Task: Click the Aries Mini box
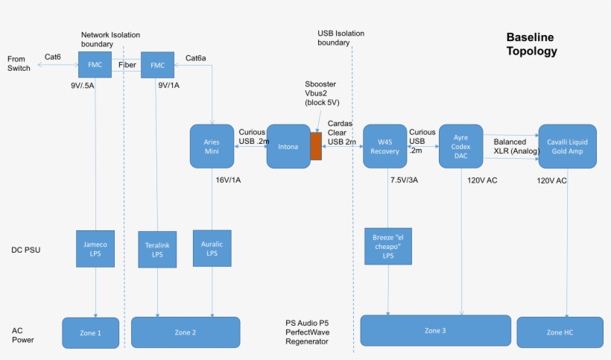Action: pyautogui.click(x=212, y=146)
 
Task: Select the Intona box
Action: pyautogui.click(x=288, y=147)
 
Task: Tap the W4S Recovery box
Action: pyautogui.click(x=384, y=146)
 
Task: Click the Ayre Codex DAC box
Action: pyautogui.click(x=460, y=146)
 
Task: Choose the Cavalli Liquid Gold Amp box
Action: pyautogui.click(x=567, y=146)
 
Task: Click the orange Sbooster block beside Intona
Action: pyautogui.click(x=316, y=147)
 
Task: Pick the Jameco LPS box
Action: pyautogui.click(x=95, y=249)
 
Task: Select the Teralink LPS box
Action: pyautogui.click(x=157, y=249)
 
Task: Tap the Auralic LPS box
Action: pyautogui.click(x=212, y=248)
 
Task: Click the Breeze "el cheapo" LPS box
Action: pyautogui.click(x=387, y=246)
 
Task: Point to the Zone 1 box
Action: pyautogui.click(x=90, y=332)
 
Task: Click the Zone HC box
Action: pyautogui.click(x=560, y=332)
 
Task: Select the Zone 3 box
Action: pyautogui.click(x=435, y=330)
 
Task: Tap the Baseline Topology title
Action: pyautogui.click(x=531, y=45)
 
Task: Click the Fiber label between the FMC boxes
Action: pyautogui.click(x=127, y=65)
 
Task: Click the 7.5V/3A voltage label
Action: pyautogui.click(x=405, y=180)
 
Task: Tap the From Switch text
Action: pyautogui.click(x=19, y=63)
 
